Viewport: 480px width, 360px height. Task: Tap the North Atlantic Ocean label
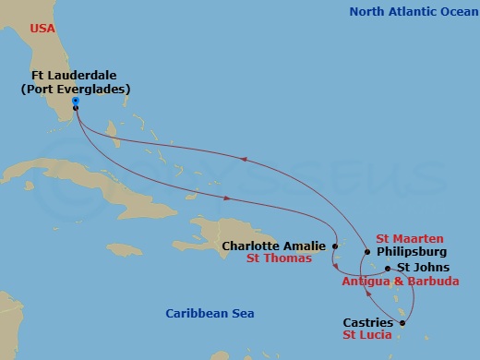[x=409, y=12]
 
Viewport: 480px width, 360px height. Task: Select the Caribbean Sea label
[x=209, y=314]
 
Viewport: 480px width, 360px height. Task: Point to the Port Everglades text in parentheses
[x=75, y=90]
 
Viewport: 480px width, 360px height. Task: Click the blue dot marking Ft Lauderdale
[x=75, y=101]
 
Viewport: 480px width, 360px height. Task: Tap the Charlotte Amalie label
[x=274, y=246]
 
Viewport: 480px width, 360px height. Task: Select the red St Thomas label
[x=279, y=259]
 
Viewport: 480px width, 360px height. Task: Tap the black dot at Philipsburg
[x=367, y=251]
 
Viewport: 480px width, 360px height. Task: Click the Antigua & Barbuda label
[x=400, y=281]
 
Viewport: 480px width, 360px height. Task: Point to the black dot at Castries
[x=402, y=322]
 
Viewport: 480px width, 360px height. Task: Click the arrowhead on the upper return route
[x=245, y=160]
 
